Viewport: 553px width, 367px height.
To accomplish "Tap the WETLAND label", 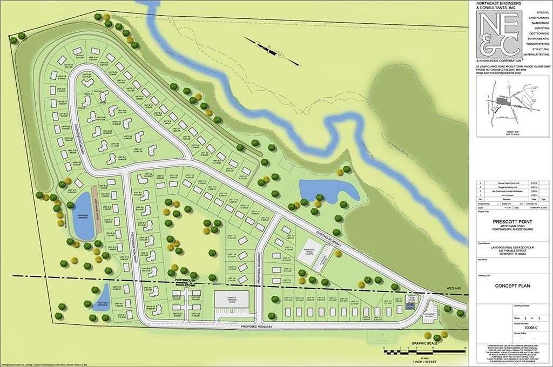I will (454, 289).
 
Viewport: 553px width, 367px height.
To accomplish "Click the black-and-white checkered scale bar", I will (424, 352).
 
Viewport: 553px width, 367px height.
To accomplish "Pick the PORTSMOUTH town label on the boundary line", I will (184, 281).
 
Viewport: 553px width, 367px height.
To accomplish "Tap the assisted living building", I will (232, 300).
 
